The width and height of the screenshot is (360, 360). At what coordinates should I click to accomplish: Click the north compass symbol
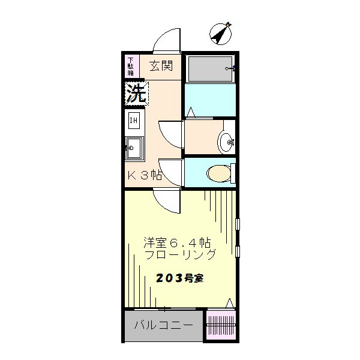coord(221,34)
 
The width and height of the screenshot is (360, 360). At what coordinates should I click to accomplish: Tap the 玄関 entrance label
coord(161,65)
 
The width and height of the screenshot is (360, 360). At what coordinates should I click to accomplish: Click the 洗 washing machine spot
coord(136,93)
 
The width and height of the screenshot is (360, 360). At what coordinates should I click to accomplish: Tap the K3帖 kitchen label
coord(145,175)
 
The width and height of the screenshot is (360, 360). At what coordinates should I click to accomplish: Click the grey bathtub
coord(210,69)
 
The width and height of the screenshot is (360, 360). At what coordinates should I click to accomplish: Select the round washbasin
coord(227,142)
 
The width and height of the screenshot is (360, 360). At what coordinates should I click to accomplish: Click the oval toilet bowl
coord(219,173)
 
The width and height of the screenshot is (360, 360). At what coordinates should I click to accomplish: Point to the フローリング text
coord(180,255)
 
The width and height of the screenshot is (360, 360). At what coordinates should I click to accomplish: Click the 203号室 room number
coord(179,278)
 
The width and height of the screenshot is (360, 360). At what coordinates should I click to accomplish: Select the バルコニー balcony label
coord(163,326)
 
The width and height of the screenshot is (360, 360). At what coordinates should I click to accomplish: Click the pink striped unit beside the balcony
coord(221,326)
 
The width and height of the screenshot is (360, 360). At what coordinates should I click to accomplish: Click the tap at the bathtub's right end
coord(229,68)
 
